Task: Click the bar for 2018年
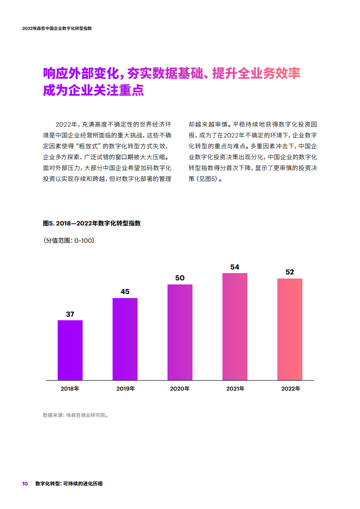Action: (70, 350)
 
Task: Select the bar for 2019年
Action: (125, 339)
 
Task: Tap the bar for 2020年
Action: (180, 332)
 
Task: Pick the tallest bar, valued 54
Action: (235, 326)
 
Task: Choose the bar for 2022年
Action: (290, 329)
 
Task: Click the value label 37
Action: (70, 314)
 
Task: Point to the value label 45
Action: (125, 292)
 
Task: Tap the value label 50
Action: (180, 278)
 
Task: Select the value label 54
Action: (235, 267)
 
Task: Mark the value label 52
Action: (290, 272)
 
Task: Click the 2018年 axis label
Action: (70, 389)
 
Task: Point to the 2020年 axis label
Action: (180, 389)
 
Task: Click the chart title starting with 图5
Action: (92, 223)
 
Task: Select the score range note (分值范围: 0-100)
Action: (69, 240)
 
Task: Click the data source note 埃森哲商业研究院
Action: (75, 415)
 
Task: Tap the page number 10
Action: (25, 484)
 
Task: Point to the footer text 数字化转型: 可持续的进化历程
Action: (69, 484)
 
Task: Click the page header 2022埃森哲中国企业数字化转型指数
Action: (57, 28)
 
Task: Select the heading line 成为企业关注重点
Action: (93, 90)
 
